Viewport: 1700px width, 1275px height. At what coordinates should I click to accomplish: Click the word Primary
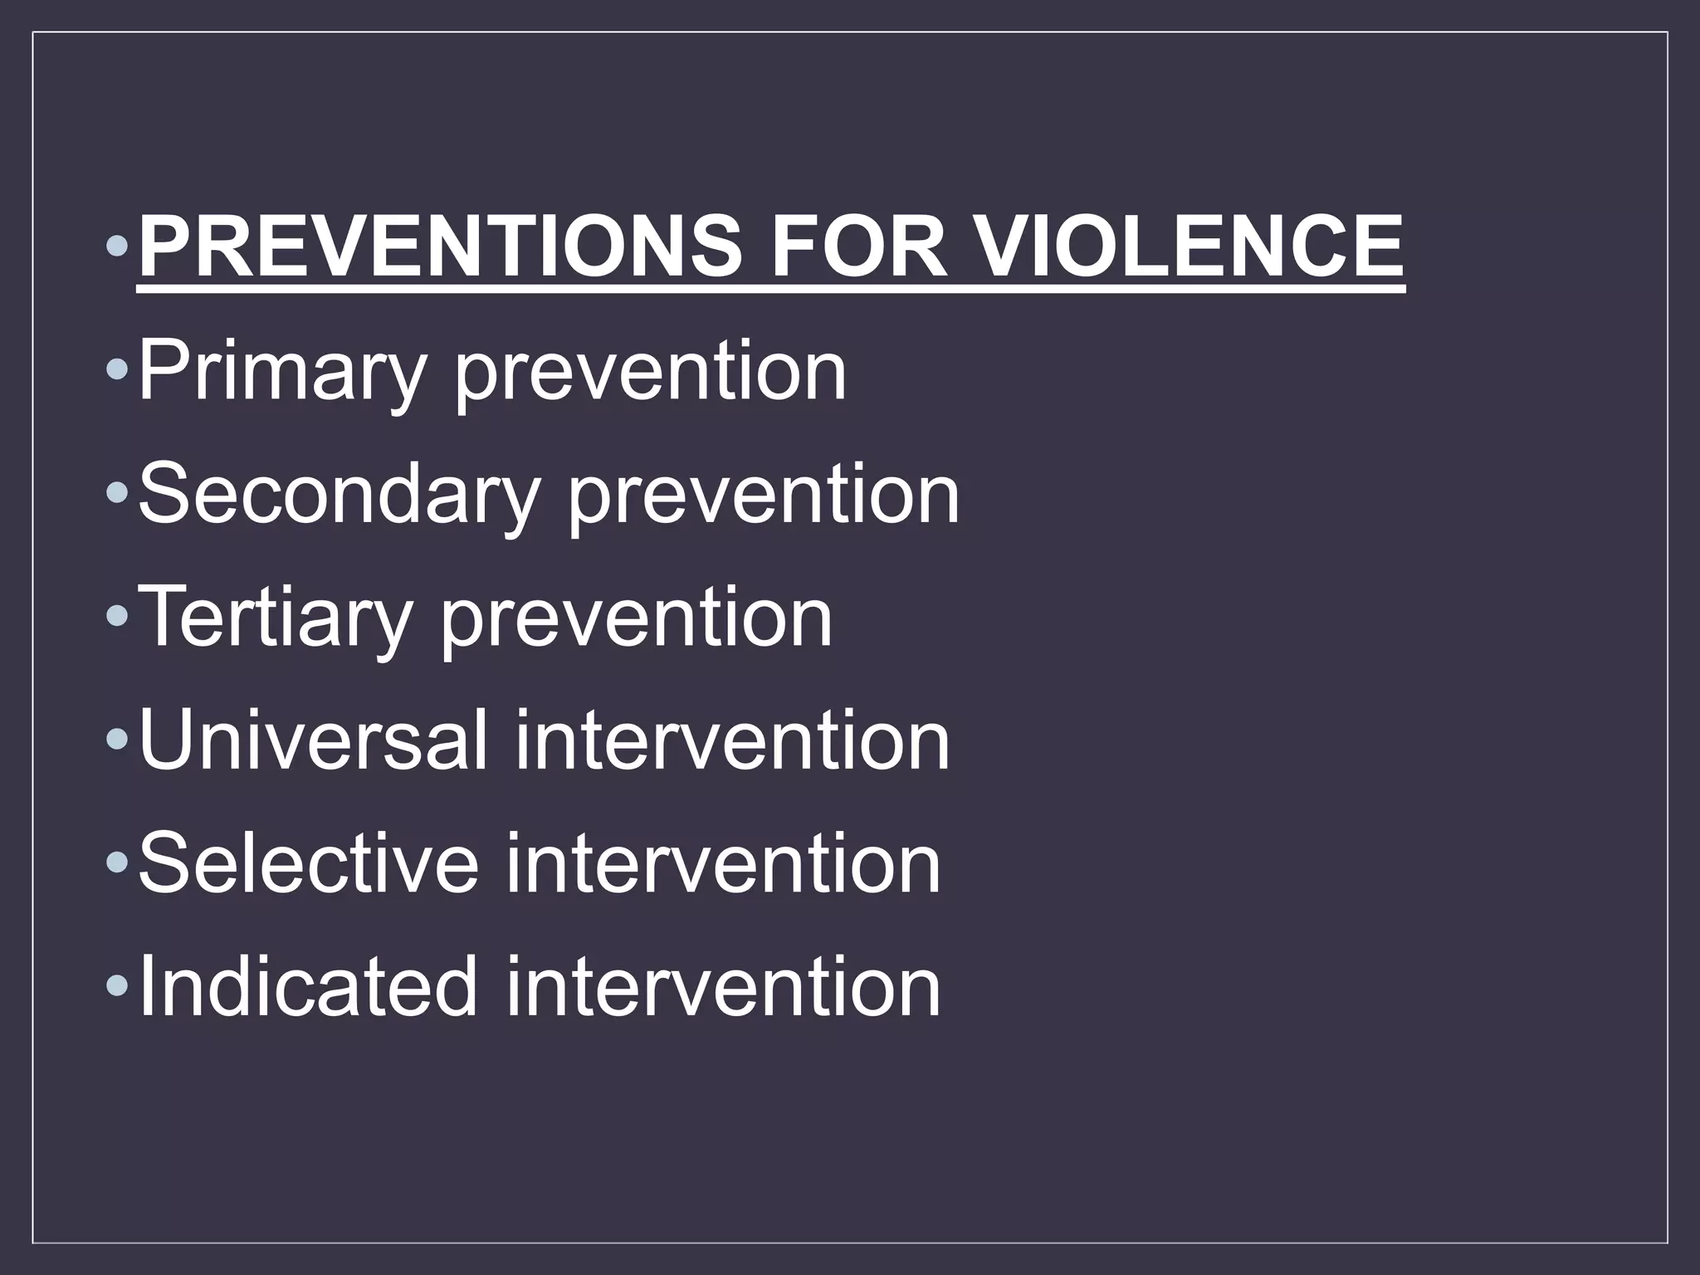coord(281,372)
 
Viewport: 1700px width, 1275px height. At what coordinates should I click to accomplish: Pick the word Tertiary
coord(275,618)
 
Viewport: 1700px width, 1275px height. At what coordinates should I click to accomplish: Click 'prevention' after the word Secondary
coord(764,495)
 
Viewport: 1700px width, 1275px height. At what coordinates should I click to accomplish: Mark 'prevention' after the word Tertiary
coord(637,618)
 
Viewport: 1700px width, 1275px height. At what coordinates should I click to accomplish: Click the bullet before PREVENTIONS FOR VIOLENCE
coord(118,247)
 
